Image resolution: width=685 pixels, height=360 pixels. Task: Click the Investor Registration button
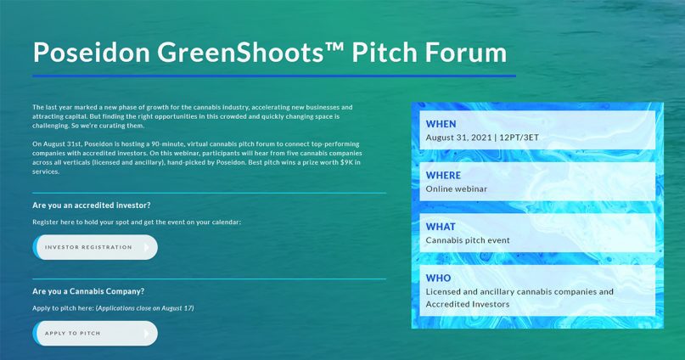click(x=95, y=247)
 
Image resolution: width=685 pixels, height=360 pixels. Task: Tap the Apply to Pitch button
click(x=95, y=334)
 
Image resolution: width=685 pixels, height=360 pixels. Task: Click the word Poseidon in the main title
click(x=92, y=52)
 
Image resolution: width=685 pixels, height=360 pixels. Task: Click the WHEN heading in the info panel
click(x=441, y=124)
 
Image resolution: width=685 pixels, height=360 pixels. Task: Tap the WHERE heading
click(x=443, y=175)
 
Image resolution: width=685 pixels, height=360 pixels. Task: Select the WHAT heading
click(x=441, y=227)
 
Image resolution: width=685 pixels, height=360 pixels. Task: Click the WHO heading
click(x=438, y=278)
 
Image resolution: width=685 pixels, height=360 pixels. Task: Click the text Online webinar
click(x=457, y=188)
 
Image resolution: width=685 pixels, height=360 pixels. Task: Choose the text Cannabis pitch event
click(x=468, y=240)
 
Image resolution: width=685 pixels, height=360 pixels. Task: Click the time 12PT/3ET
click(x=519, y=138)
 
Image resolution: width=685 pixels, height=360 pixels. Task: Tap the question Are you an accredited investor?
click(x=92, y=205)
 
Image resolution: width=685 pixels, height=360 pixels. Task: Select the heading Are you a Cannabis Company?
click(x=88, y=291)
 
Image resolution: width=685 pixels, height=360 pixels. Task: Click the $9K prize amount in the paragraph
click(x=346, y=162)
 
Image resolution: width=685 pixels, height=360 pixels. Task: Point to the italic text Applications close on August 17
click(x=144, y=308)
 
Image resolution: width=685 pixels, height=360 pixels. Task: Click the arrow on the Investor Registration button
click(x=147, y=247)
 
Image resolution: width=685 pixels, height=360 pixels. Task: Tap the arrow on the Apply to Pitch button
click(x=147, y=334)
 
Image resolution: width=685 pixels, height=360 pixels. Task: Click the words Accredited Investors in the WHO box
click(x=468, y=304)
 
